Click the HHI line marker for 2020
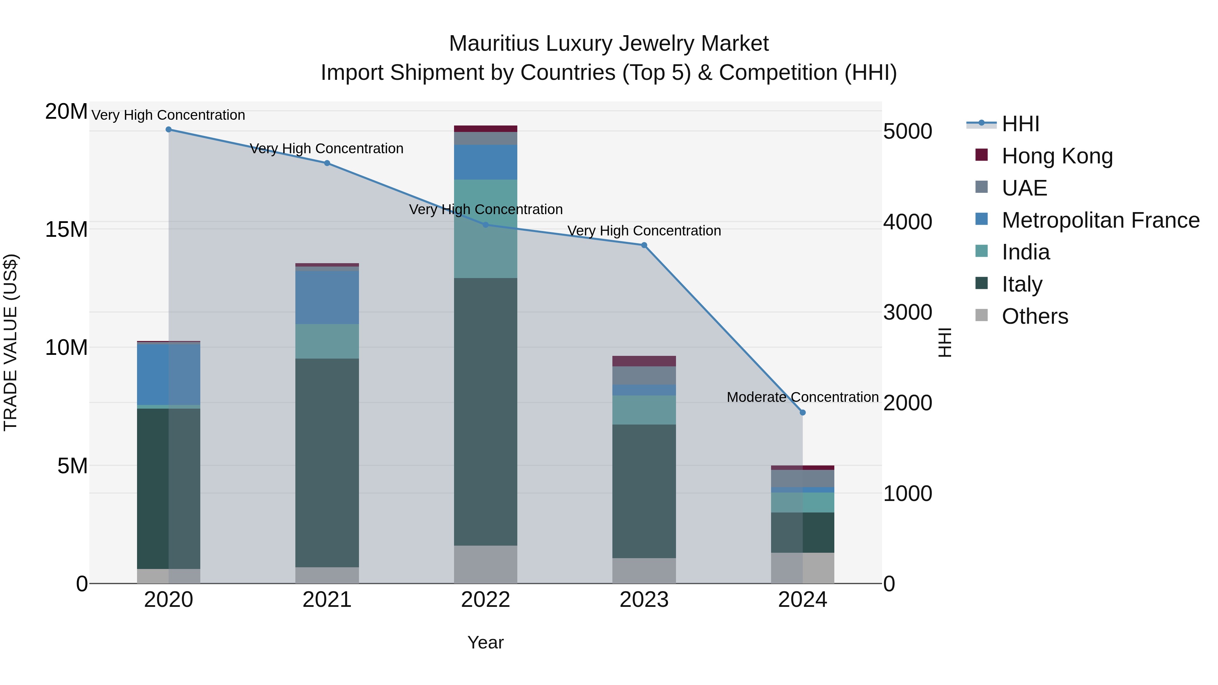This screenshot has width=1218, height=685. (168, 130)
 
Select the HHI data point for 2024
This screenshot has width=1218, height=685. (803, 413)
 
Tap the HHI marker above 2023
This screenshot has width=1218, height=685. (644, 245)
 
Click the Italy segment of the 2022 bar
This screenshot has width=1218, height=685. (485, 411)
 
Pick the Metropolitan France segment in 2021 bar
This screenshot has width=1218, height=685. (327, 297)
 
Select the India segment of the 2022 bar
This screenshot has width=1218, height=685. (485, 229)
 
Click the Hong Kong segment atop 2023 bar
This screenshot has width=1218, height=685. (644, 361)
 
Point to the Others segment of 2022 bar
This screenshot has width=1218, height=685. (485, 565)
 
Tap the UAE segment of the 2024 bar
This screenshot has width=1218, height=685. (803, 478)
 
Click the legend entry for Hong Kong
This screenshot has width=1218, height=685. (1056, 156)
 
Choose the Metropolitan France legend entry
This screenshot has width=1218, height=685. (1100, 220)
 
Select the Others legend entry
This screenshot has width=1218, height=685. (1035, 316)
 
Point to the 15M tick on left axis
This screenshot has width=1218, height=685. (66, 230)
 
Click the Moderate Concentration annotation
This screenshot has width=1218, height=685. (803, 397)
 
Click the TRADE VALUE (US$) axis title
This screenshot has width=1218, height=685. (10, 342)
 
